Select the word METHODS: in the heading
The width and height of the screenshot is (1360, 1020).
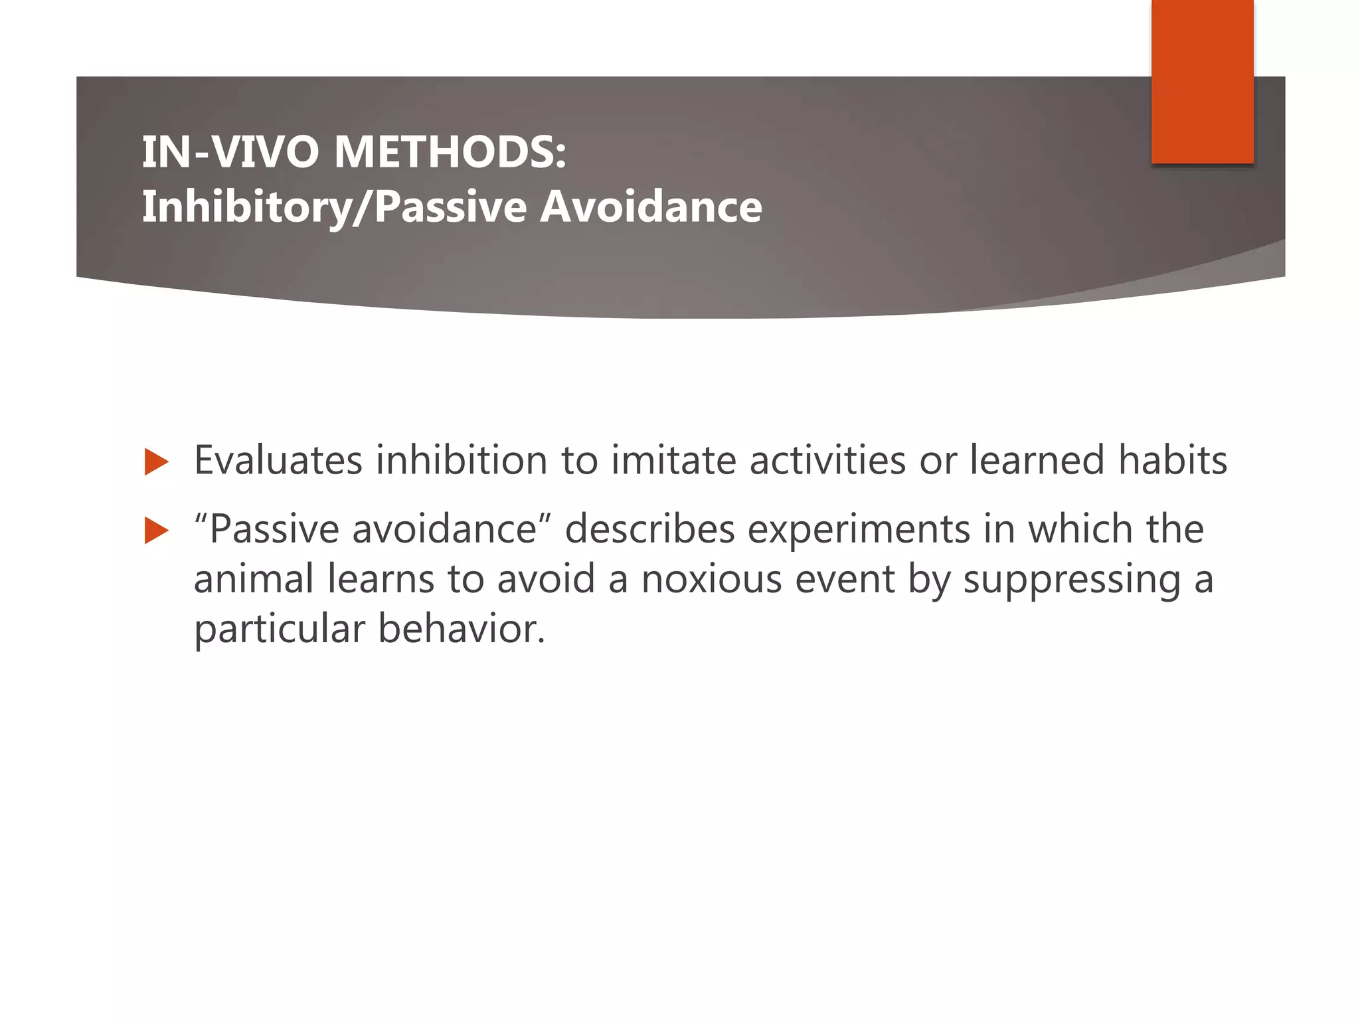point(450,152)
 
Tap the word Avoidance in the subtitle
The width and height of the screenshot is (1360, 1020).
point(651,207)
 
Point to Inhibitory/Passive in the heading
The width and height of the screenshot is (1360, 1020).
point(335,208)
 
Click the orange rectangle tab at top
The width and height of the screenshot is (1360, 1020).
point(1202,81)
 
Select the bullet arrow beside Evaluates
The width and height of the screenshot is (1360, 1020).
point(156,462)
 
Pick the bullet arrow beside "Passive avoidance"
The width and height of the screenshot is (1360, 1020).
point(156,531)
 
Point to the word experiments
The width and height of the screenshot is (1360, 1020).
point(859,531)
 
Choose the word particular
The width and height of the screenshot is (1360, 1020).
point(279,630)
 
